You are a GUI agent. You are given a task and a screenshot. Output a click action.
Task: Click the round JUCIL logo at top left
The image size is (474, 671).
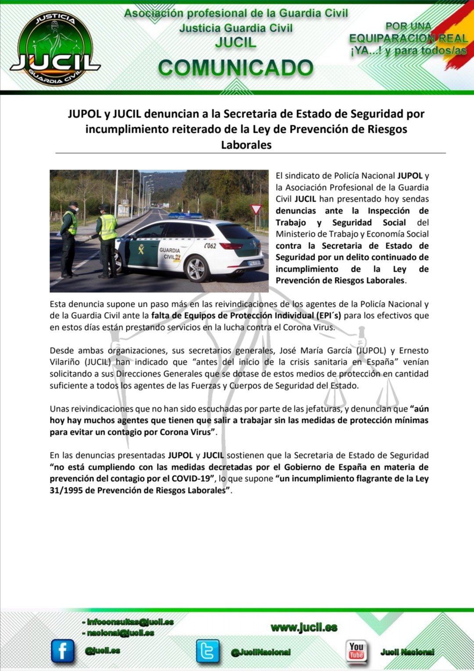point(55,48)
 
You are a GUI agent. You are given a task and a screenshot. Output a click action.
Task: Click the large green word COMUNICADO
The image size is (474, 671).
point(236,68)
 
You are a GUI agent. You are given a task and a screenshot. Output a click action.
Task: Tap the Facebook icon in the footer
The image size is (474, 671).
point(63,651)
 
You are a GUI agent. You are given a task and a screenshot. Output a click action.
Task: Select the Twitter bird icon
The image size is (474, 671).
point(208,650)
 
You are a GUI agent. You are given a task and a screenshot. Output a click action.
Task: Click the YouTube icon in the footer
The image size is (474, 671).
point(356,651)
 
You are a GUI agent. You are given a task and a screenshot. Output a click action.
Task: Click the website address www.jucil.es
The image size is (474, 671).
point(304,628)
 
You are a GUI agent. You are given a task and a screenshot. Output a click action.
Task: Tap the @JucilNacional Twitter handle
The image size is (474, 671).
point(261,652)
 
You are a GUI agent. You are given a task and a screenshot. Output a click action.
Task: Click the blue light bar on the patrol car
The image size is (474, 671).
point(185,215)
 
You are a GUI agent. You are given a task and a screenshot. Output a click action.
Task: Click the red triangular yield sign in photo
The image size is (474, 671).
point(256,209)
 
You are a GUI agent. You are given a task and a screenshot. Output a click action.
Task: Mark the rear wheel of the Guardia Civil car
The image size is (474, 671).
point(196,268)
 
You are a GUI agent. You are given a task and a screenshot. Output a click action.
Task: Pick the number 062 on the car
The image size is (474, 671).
point(210,246)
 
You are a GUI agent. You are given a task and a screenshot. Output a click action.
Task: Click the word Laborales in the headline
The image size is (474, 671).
point(246,145)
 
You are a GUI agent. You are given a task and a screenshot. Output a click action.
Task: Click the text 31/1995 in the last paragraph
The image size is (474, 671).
point(66,490)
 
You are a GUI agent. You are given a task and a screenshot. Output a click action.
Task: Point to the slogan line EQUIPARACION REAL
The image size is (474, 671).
point(408,39)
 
